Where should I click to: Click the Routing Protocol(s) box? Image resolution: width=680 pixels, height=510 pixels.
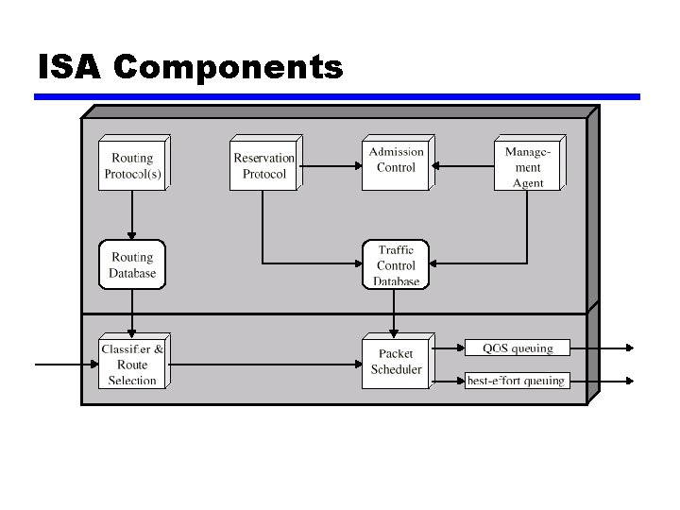click(132, 164)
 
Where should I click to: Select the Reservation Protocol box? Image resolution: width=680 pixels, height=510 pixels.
click(263, 165)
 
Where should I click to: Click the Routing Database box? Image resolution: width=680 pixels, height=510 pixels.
click(132, 265)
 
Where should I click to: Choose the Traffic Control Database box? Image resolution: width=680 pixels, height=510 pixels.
click(396, 265)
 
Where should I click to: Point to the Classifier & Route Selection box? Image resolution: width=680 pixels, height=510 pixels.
click(132, 364)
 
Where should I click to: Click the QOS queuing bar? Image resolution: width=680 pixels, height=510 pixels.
click(518, 348)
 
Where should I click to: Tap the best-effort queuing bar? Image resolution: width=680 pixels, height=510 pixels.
click(518, 381)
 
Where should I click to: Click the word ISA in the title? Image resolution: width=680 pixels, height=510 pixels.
click(70, 68)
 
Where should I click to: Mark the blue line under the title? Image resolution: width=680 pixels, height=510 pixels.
click(337, 96)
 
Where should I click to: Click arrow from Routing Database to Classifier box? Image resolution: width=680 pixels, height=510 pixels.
click(132, 312)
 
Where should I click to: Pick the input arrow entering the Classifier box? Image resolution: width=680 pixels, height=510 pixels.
click(66, 364)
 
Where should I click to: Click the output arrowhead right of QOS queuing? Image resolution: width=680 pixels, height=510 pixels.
click(628, 348)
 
